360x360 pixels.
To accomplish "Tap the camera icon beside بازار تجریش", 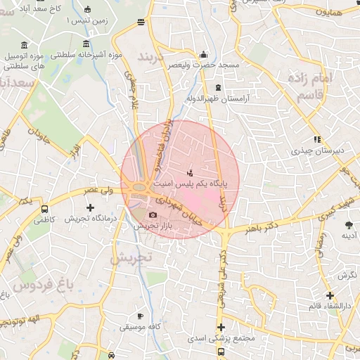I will point(153,214).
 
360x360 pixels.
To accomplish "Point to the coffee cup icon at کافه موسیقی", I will point(140,316).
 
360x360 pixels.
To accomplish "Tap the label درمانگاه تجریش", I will point(90,219).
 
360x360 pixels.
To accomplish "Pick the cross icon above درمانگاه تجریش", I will point(90,207).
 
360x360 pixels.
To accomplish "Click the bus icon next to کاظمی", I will point(45,209).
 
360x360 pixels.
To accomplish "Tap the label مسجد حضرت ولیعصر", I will point(203,65).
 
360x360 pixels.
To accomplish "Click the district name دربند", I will point(155,56).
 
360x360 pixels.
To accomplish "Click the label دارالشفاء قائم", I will point(330,307).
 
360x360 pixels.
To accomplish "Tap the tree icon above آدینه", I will point(349,225).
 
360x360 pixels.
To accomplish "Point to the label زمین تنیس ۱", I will point(87,21).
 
